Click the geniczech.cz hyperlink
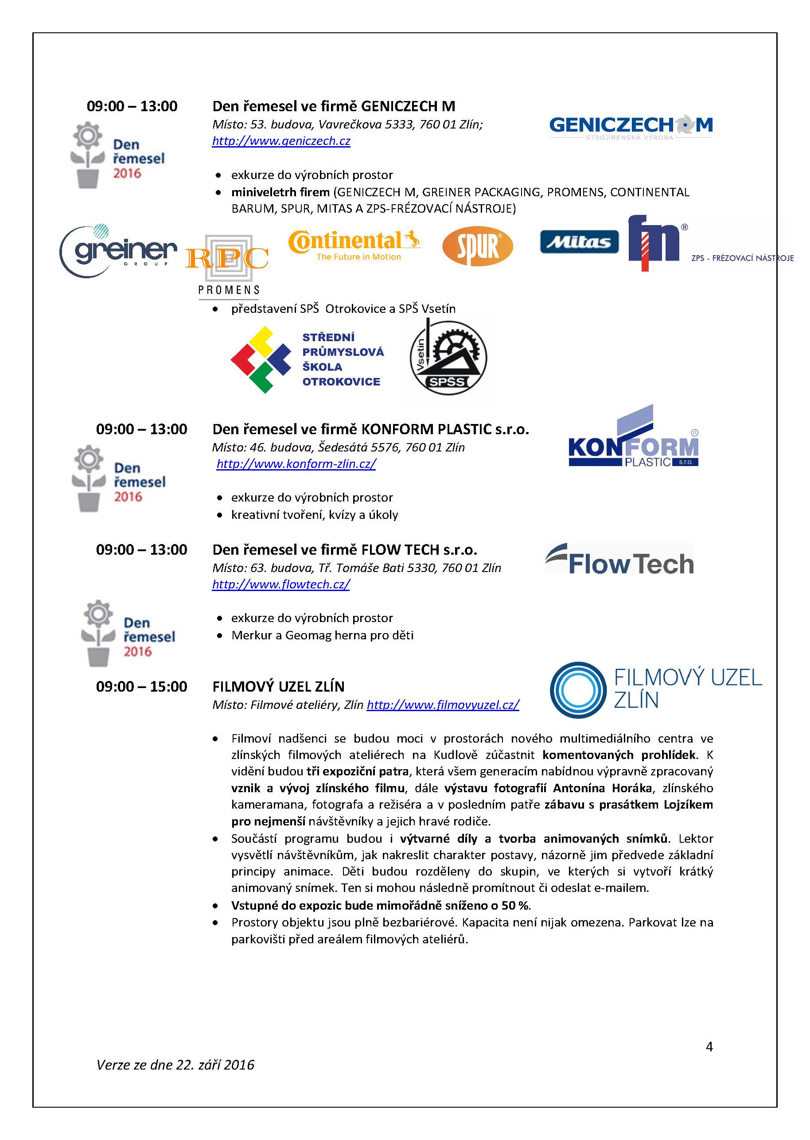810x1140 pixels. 281,141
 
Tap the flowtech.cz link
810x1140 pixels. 281,584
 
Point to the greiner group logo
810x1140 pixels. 118,251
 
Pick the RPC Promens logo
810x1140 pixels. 228,265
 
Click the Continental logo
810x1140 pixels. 354,245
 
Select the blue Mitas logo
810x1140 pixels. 579,242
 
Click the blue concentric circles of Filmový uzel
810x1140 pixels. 577,690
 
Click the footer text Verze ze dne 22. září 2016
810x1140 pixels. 175,1065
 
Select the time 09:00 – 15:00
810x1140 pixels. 142,687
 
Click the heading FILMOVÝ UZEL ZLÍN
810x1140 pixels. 278,687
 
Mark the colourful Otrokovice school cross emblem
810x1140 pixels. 261,360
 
